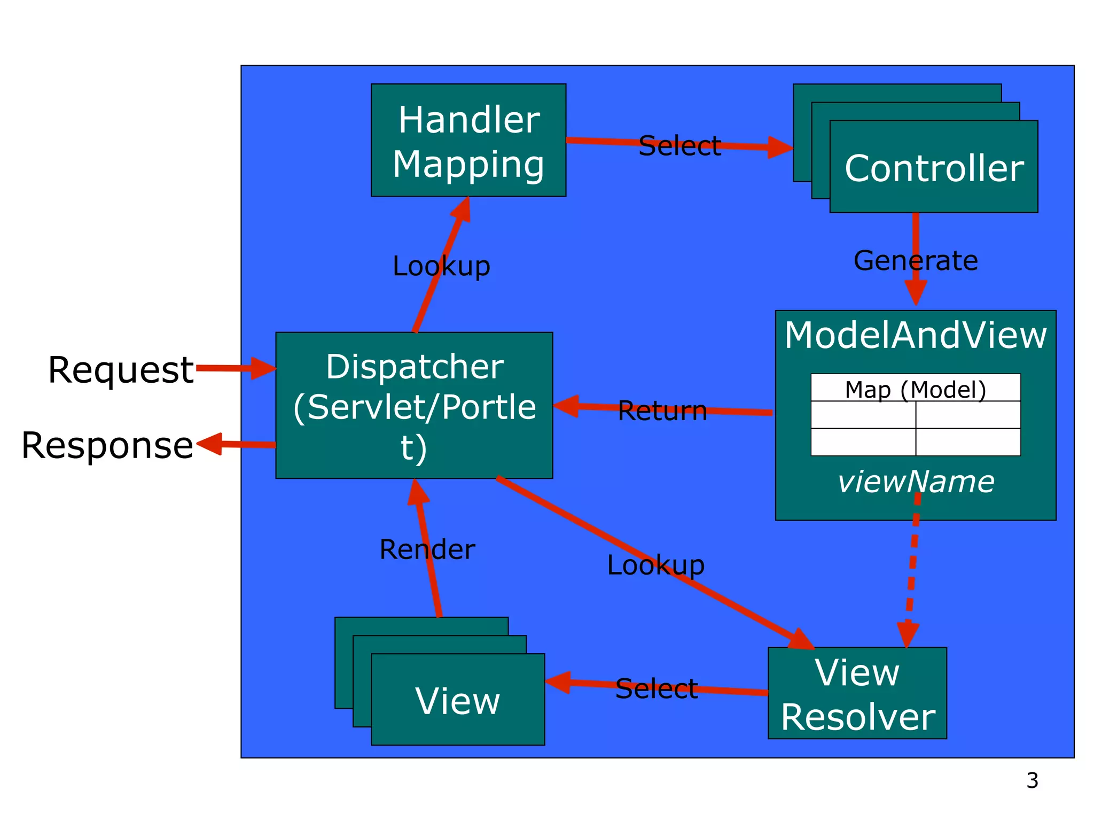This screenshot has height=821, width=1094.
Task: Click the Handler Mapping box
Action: pyautogui.click(x=468, y=140)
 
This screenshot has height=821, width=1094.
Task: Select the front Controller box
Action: pyautogui.click(x=933, y=167)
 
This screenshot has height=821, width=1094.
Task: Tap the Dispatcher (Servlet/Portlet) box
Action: pyautogui.click(x=414, y=405)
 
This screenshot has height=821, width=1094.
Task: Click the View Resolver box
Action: pyautogui.click(x=857, y=693)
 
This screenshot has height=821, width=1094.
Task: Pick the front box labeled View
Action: pyautogui.click(x=458, y=700)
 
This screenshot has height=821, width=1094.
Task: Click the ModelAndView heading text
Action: pyautogui.click(x=915, y=336)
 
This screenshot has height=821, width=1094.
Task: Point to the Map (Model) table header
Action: pyautogui.click(x=915, y=389)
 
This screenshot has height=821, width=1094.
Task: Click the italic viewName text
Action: pyautogui.click(x=915, y=482)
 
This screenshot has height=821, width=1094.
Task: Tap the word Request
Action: pyautogui.click(x=121, y=369)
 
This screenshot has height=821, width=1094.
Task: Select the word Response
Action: pyautogui.click(x=107, y=445)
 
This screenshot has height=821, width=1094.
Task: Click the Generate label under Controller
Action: pyautogui.click(x=915, y=261)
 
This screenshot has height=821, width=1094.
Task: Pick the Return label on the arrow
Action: pyautogui.click(x=662, y=410)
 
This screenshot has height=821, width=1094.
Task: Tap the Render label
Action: pyautogui.click(x=427, y=549)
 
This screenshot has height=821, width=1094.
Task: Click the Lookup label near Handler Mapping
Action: pyautogui.click(x=441, y=266)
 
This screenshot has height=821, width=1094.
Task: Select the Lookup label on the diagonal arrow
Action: pyautogui.click(x=655, y=564)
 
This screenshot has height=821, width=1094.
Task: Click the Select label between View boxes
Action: pyautogui.click(x=656, y=688)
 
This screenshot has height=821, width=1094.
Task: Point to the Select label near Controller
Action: pyautogui.click(x=679, y=145)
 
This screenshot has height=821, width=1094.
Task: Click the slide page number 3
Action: pyautogui.click(x=1032, y=781)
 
